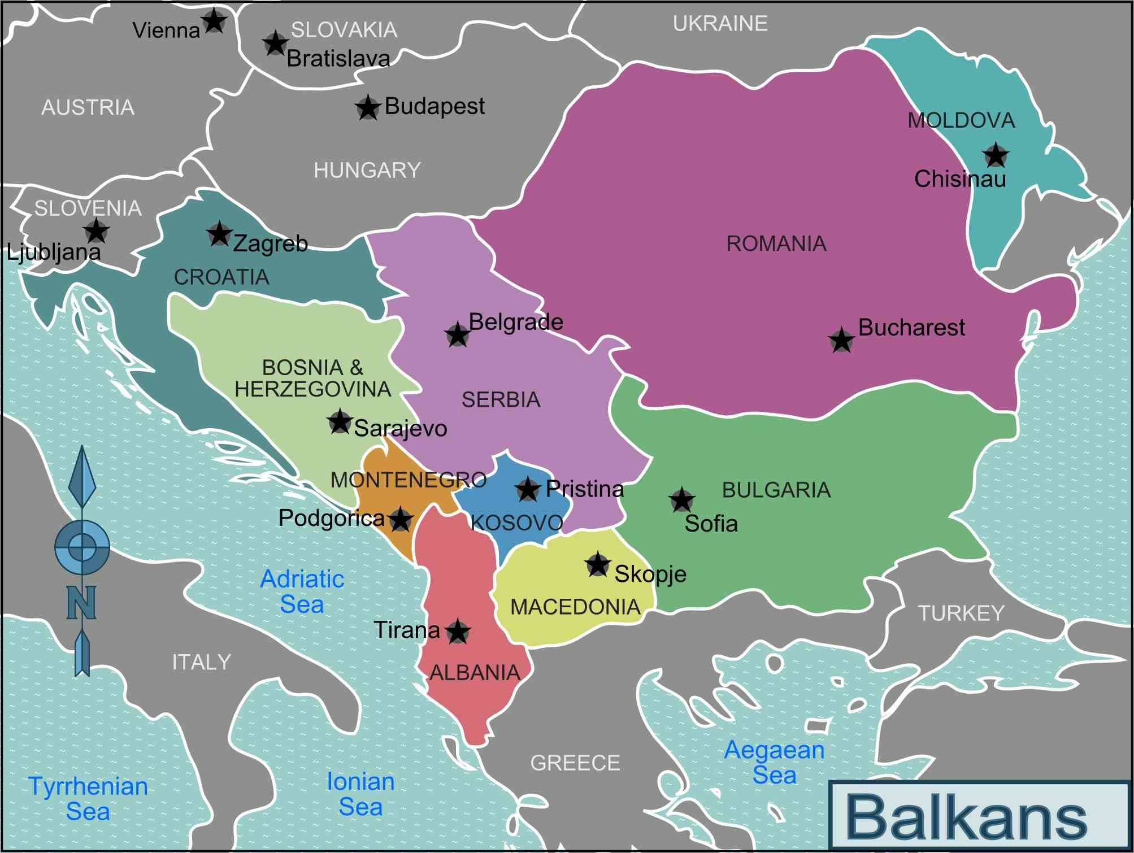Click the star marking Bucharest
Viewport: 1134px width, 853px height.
tap(841, 341)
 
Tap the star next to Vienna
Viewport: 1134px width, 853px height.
tap(214, 21)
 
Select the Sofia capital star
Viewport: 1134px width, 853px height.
tap(681, 499)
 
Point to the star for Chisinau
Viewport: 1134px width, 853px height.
tap(995, 155)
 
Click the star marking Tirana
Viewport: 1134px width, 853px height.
tap(457, 632)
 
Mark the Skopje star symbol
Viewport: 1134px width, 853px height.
tap(597, 564)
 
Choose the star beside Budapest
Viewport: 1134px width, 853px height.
tap(368, 107)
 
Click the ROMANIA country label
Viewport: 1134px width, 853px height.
tap(776, 244)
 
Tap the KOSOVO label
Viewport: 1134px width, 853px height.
tap(516, 523)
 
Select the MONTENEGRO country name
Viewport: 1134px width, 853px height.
tap(408, 480)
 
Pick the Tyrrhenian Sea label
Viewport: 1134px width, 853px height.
tap(88, 799)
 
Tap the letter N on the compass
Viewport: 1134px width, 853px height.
tap(81, 602)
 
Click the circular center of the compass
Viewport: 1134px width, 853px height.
tap(82, 546)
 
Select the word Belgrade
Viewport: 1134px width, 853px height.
tap(516, 322)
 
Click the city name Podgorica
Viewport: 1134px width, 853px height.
tap(331, 518)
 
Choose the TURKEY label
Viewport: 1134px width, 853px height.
tap(961, 613)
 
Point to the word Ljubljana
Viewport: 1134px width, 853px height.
tap(54, 252)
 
